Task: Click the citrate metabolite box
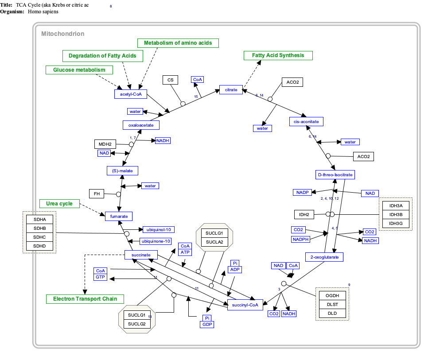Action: click(x=231, y=90)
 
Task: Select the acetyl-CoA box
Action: click(x=130, y=94)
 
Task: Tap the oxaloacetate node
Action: click(x=141, y=125)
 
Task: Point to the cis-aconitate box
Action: click(x=306, y=121)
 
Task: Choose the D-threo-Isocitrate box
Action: click(x=335, y=175)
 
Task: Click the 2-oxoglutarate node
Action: click(x=324, y=257)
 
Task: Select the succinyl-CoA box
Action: click(x=245, y=305)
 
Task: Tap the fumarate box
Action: click(x=119, y=216)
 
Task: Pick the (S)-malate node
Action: click(x=122, y=170)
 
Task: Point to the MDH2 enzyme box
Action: click(x=105, y=144)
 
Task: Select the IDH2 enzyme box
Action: click(x=304, y=215)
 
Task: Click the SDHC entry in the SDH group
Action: click(x=39, y=237)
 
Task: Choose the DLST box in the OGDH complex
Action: click(x=332, y=304)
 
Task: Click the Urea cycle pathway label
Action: click(x=59, y=204)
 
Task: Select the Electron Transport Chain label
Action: click(x=85, y=299)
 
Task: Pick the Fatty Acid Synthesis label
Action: click(x=278, y=55)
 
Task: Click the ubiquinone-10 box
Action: click(x=156, y=241)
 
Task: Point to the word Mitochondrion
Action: click(x=62, y=34)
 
